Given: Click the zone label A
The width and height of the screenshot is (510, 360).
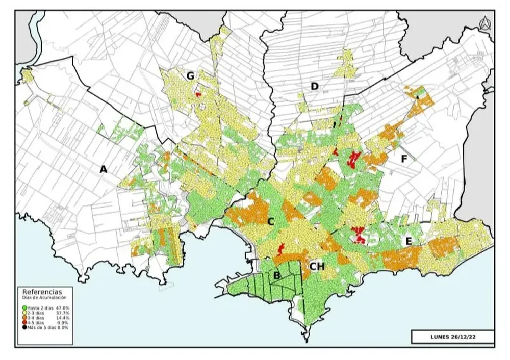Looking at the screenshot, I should point(104,169).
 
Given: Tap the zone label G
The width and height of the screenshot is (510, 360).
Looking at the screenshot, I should point(190,76).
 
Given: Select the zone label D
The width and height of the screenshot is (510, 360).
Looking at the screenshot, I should point(315,87).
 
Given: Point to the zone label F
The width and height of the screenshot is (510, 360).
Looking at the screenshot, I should point(404,159).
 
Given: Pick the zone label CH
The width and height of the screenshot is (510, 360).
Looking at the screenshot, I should point(317,266).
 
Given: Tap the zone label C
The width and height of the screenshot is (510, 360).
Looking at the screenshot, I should point(271,222).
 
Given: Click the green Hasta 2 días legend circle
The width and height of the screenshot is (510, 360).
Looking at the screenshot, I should point(24,308).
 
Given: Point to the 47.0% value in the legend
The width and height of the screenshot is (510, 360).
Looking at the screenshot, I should point(63,308).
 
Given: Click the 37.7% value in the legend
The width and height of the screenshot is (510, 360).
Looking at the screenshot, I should point(63,313).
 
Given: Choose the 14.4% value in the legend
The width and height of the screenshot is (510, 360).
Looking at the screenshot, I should point(63,318).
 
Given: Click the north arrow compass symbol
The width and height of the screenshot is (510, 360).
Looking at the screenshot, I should point(484,22).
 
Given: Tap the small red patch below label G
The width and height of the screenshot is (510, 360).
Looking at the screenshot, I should point(198,94).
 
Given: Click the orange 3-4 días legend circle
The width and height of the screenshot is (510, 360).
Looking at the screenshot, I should point(24,318).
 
